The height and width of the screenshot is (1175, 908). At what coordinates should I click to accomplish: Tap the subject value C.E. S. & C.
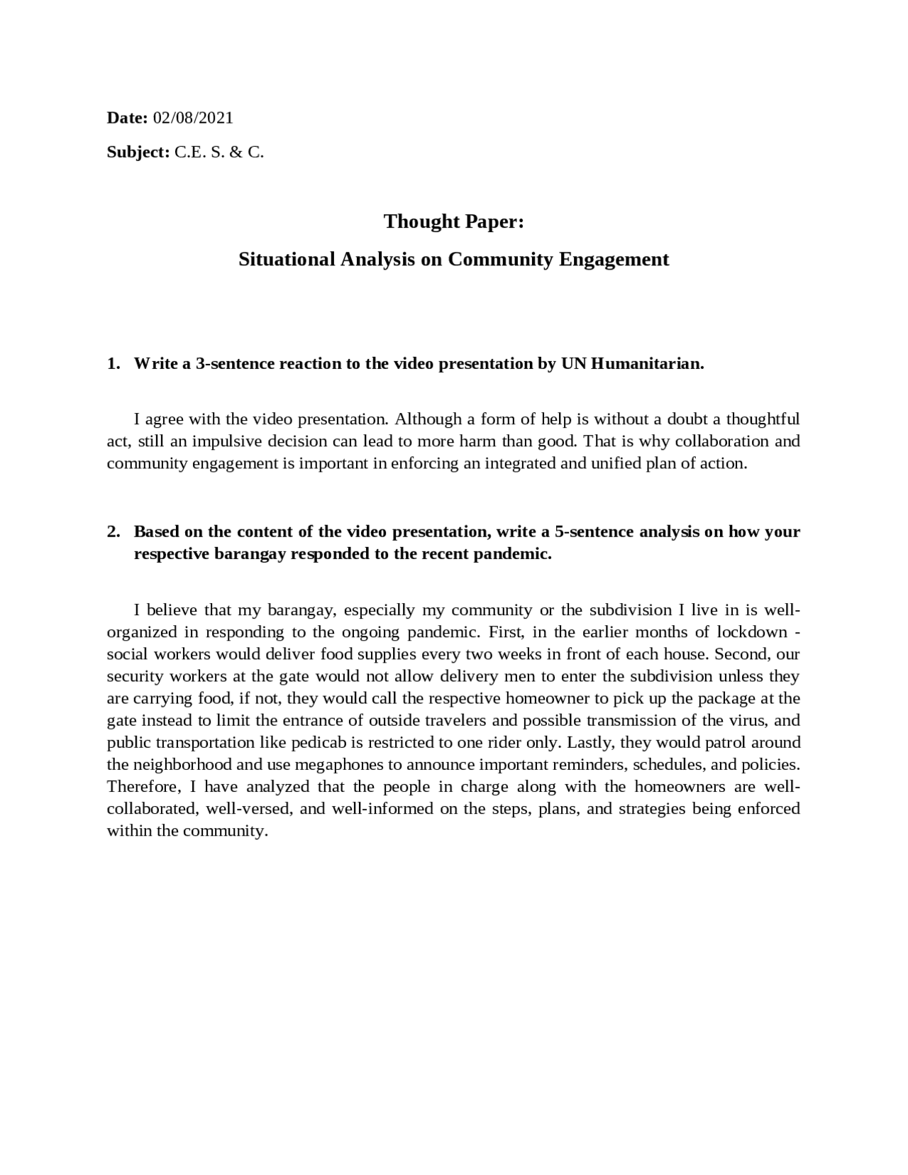click(x=219, y=152)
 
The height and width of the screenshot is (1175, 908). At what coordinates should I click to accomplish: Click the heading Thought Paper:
click(x=453, y=221)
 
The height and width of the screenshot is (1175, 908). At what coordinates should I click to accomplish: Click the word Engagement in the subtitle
click(x=614, y=259)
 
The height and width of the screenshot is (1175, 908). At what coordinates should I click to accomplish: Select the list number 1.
click(x=113, y=364)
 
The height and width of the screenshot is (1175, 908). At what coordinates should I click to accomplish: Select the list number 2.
click(x=113, y=532)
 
